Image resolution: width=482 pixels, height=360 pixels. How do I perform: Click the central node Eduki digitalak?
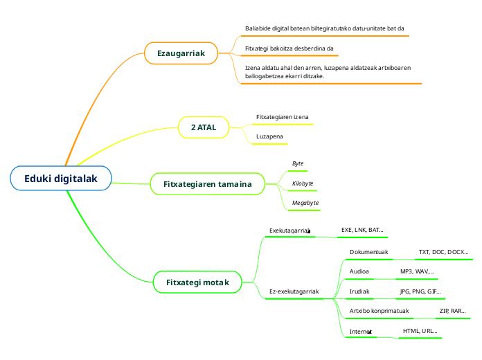61,179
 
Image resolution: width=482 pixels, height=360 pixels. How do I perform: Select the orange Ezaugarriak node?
181,53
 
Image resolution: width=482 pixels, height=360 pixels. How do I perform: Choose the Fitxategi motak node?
197,282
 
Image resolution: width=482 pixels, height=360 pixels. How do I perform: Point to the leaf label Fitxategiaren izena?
283,117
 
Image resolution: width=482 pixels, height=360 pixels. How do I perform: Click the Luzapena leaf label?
269,136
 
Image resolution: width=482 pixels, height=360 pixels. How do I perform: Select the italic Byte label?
298,163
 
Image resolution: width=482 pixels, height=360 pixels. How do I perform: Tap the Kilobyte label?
303,183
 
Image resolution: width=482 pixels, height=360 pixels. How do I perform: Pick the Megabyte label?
305,202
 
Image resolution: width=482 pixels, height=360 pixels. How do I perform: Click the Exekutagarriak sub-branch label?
289,230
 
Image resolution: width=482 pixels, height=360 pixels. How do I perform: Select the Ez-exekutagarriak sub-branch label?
294,291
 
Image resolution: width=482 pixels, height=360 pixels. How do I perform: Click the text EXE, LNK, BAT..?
362,229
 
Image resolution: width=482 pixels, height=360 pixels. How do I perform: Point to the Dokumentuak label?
368,252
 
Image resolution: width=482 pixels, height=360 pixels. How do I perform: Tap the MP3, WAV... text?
417,271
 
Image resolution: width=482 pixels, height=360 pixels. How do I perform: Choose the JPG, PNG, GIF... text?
420,291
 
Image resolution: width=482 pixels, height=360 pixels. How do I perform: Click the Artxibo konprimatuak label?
379,312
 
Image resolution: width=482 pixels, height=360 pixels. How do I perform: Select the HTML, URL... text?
420,331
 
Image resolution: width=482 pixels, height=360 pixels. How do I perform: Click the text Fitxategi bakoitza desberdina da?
290,48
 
